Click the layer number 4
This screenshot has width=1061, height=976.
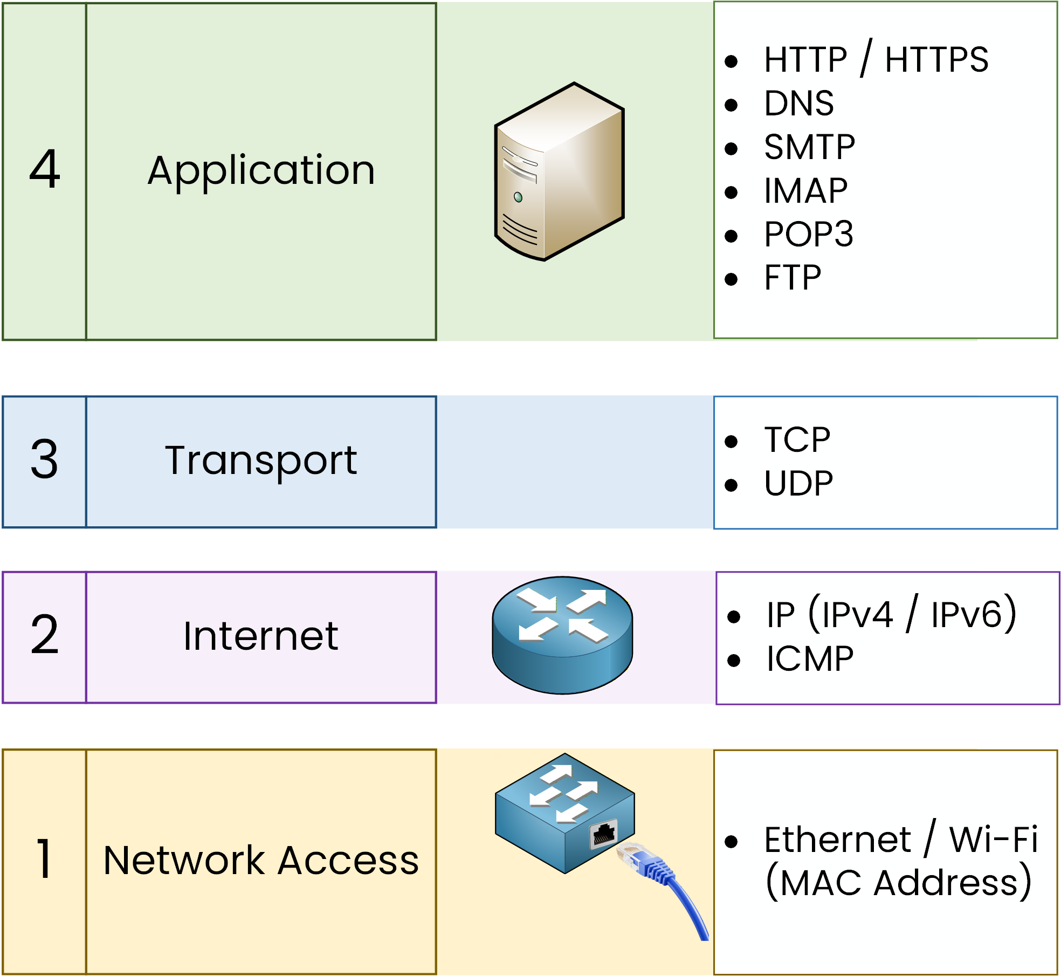click(x=45, y=170)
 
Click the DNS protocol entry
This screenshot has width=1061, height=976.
click(x=798, y=104)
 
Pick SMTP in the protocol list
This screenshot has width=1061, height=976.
click(x=809, y=147)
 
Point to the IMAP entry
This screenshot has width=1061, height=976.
click(x=805, y=191)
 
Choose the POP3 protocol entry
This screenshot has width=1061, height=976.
click(x=808, y=235)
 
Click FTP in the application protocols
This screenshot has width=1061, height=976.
click(x=793, y=278)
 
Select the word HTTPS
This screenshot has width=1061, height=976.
click(x=936, y=60)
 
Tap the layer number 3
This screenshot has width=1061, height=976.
click(x=44, y=459)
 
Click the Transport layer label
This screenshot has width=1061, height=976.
click(x=261, y=462)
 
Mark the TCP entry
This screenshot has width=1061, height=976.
click(x=797, y=440)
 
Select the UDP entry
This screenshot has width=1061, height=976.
click(x=798, y=484)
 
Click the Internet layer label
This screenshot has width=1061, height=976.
click(x=261, y=637)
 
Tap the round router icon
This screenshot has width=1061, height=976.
click(x=562, y=635)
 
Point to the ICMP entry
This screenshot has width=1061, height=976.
click(x=810, y=659)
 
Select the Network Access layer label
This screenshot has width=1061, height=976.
click(x=261, y=861)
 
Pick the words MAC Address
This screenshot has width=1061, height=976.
click(x=898, y=883)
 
